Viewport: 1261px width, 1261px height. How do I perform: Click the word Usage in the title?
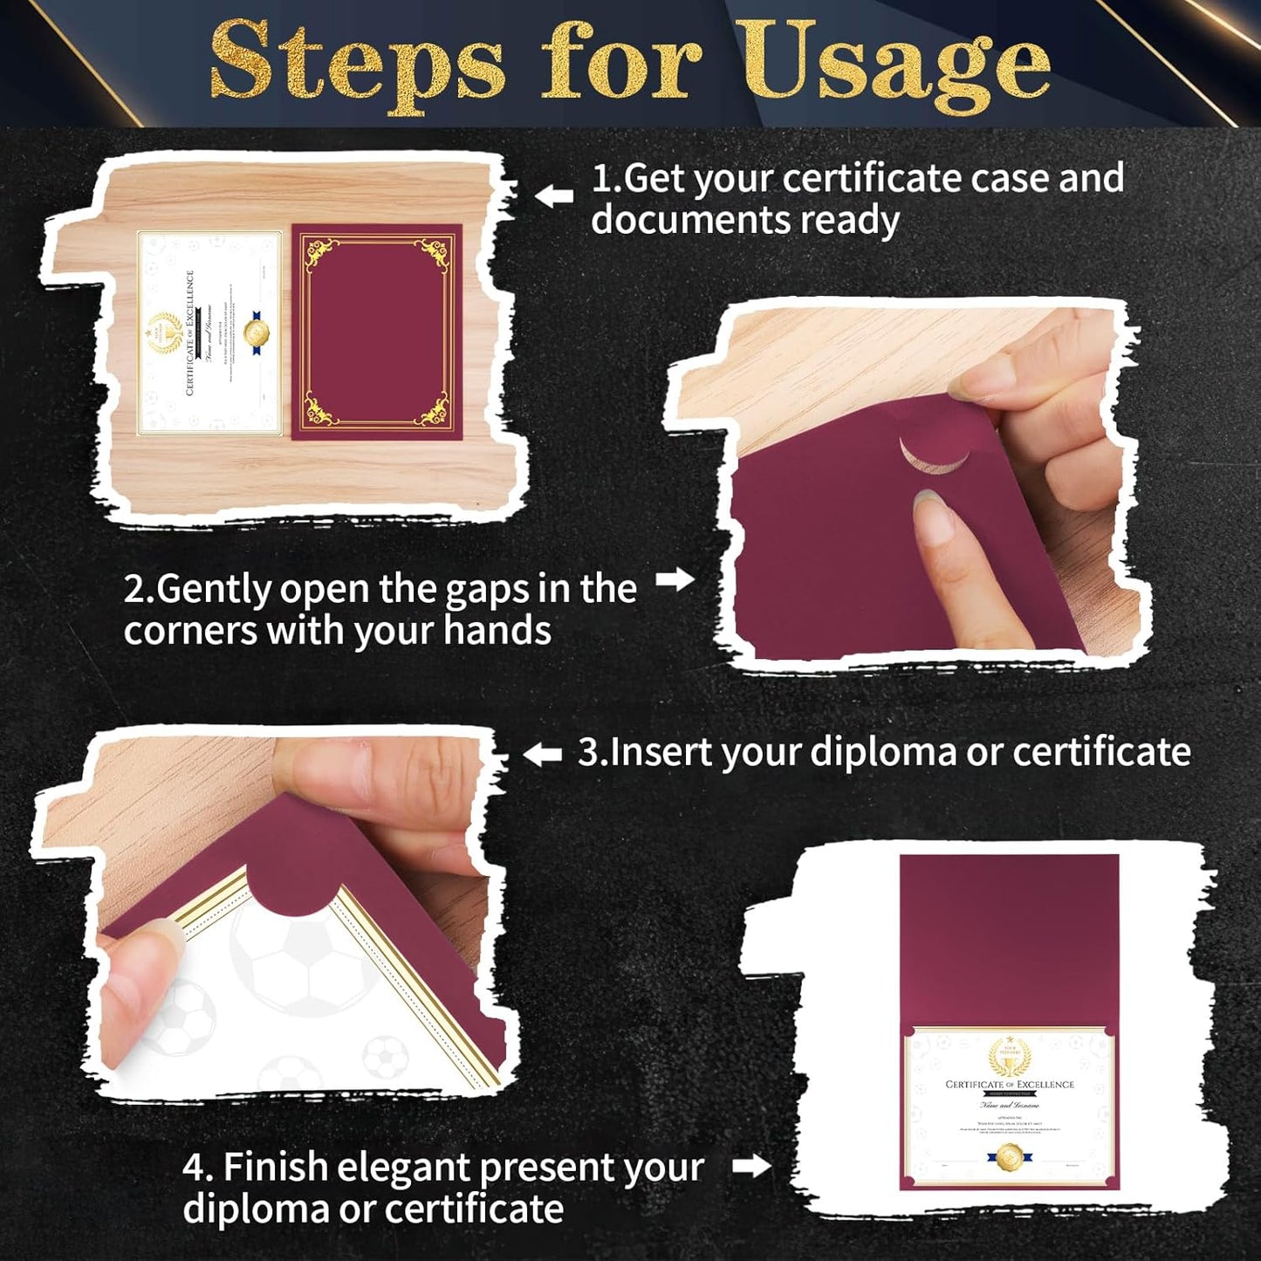(899, 65)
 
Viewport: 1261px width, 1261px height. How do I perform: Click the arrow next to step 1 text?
(553, 195)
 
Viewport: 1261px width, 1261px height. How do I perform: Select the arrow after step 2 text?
(675, 579)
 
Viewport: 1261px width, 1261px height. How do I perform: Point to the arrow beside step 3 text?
(543, 754)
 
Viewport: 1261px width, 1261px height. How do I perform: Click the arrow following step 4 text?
(751, 1166)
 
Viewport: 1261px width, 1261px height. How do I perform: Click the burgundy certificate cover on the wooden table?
(377, 332)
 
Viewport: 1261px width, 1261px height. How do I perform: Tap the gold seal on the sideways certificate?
(257, 332)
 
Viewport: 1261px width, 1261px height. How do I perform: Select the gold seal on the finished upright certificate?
(1010, 1156)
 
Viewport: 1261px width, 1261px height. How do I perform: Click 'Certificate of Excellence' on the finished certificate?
(1010, 1085)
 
